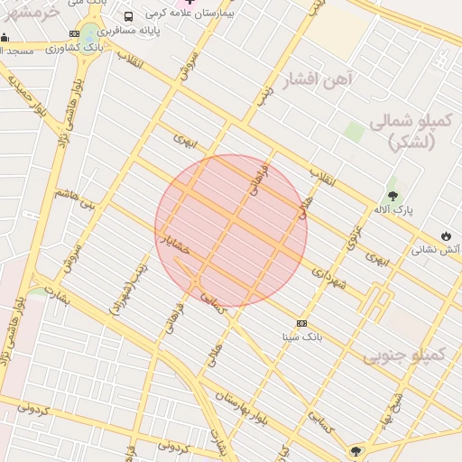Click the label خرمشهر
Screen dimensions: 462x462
(32, 12)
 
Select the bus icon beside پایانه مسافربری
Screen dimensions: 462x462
(128, 16)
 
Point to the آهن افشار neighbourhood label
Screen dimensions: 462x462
(320, 79)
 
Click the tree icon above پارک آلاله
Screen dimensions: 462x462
(393, 194)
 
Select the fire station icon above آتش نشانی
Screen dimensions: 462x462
(446, 234)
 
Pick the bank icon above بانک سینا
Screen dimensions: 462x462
(301, 323)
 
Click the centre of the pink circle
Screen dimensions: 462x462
(231, 231)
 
